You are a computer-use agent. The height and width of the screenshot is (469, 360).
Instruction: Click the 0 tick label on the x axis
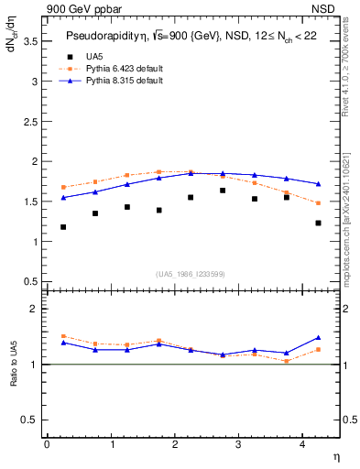47,444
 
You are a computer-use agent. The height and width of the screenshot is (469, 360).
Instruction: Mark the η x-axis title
335,455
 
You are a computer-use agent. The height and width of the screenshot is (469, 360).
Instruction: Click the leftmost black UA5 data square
63,227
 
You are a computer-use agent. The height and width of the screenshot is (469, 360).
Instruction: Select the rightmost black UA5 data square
318,223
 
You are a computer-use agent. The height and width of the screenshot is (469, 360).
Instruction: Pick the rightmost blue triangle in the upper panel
318,184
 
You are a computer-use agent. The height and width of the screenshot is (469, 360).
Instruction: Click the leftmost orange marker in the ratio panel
63,336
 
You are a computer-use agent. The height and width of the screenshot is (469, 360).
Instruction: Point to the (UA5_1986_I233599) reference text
191,274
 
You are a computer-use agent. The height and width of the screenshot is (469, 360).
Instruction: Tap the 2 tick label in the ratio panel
35,309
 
